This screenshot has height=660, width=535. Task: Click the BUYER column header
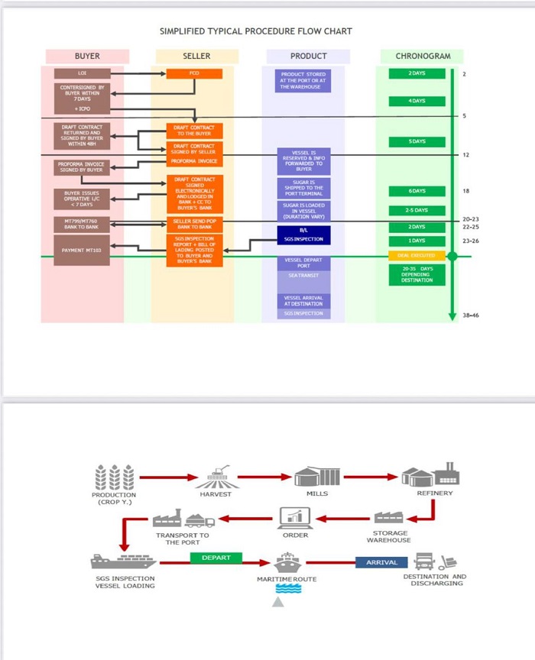click(x=87, y=56)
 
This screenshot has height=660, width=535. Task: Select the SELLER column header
click(x=196, y=56)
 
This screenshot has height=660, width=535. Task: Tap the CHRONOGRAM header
click(x=422, y=56)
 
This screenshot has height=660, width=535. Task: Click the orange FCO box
click(x=194, y=73)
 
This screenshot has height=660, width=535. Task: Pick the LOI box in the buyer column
click(x=82, y=73)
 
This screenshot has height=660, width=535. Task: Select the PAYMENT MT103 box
click(x=82, y=250)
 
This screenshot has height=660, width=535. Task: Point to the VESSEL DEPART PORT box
click(x=303, y=262)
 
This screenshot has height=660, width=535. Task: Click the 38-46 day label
click(x=472, y=315)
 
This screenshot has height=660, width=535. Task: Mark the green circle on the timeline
click(x=452, y=255)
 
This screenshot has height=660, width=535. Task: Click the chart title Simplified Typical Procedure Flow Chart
click(x=255, y=31)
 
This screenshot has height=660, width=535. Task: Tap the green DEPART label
click(x=216, y=558)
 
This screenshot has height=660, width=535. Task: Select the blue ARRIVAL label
click(x=381, y=562)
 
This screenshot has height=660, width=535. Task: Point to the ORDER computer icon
click(x=295, y=518)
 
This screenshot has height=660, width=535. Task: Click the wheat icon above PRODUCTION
click(x=114, y=477)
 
